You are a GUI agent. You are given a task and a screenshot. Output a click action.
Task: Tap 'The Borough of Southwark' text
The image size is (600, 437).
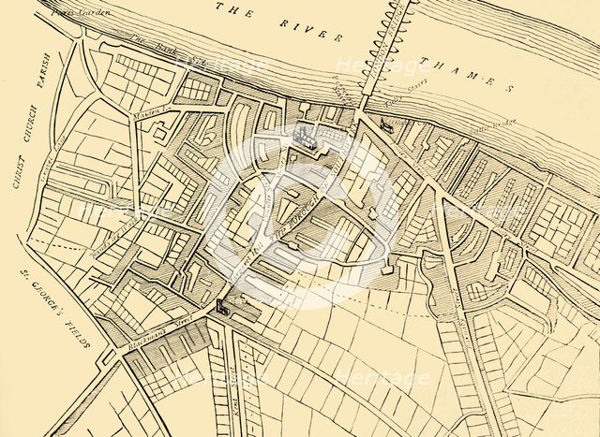281,234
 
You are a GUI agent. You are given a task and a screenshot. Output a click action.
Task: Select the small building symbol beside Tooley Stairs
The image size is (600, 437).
386,123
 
